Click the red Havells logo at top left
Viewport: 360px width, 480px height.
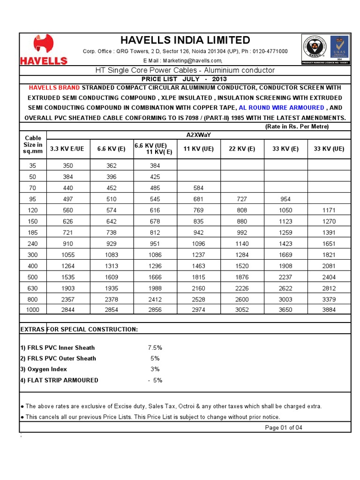[43, 49]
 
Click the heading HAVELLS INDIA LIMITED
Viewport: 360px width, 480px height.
[185, 40]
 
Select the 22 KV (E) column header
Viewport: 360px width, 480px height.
[242, 149]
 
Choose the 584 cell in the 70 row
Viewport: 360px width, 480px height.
[199, 188]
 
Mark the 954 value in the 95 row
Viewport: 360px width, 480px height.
[285, 199]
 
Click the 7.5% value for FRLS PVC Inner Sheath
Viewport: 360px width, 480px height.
[155, 348]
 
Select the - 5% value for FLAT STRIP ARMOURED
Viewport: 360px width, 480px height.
[155, 380]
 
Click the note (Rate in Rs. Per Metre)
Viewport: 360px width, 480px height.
[297, 127]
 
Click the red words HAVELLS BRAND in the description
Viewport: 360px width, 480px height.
[54, 88]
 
